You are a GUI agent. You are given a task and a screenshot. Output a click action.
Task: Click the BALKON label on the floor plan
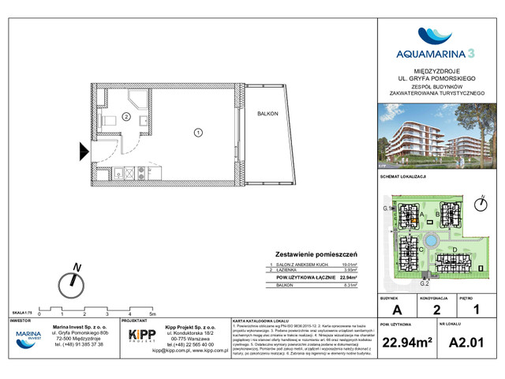(x=267, y=114)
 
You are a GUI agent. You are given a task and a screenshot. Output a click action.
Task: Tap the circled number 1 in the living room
(x=198, y=133)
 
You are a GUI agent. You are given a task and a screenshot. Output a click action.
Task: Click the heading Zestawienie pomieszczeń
(x=316, y=254)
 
